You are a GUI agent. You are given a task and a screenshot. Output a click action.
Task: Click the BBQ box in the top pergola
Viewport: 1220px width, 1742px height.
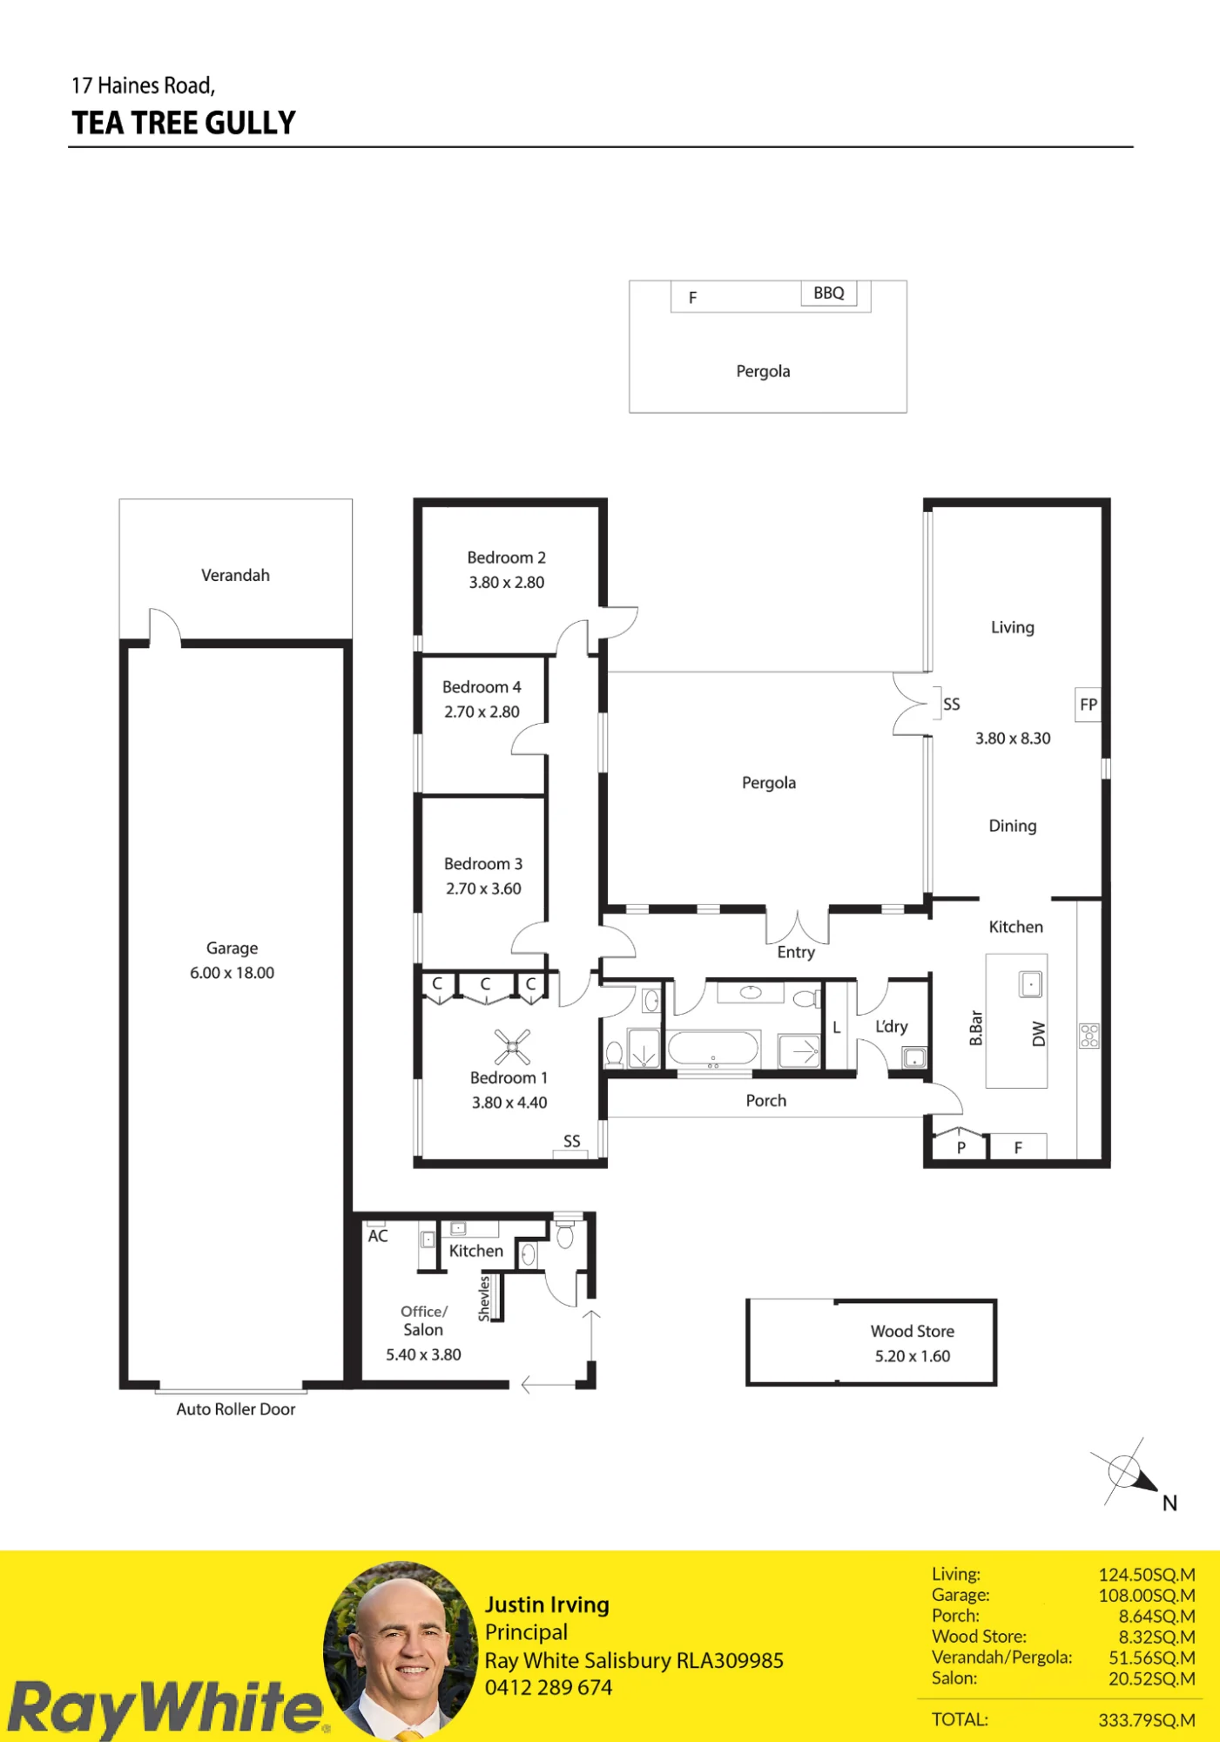829,294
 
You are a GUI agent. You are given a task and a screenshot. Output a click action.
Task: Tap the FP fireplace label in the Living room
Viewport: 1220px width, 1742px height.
1089,705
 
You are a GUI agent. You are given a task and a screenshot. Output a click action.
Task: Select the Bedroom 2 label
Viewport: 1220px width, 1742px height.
507,557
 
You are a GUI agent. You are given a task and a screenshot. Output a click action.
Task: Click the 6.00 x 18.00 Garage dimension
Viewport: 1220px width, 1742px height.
233,973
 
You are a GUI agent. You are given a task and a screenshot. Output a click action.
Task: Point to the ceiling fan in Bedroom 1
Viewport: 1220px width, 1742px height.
512,1047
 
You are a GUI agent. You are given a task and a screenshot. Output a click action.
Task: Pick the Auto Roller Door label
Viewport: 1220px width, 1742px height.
236,1409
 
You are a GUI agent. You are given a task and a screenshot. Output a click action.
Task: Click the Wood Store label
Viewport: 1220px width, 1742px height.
913,1331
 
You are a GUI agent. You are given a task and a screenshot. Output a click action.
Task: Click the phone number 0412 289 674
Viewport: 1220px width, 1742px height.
549,1687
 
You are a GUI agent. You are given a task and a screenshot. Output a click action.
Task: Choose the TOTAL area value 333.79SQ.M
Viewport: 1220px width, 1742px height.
1147,1720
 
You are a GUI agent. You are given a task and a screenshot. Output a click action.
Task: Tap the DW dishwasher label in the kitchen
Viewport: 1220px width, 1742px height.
1038,1034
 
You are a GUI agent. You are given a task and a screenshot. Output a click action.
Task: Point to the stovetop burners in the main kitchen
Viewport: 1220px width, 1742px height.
1089,1036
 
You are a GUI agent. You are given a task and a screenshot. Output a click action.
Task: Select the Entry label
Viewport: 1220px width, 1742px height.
796,952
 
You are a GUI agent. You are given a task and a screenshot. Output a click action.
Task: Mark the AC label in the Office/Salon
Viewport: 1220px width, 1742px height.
378,1236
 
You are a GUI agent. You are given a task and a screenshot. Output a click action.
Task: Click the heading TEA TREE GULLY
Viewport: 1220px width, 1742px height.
184,123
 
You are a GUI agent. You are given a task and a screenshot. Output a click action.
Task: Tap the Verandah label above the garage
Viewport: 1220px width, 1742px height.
235,575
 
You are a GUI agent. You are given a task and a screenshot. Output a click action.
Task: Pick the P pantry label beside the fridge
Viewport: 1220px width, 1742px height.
961,1148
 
